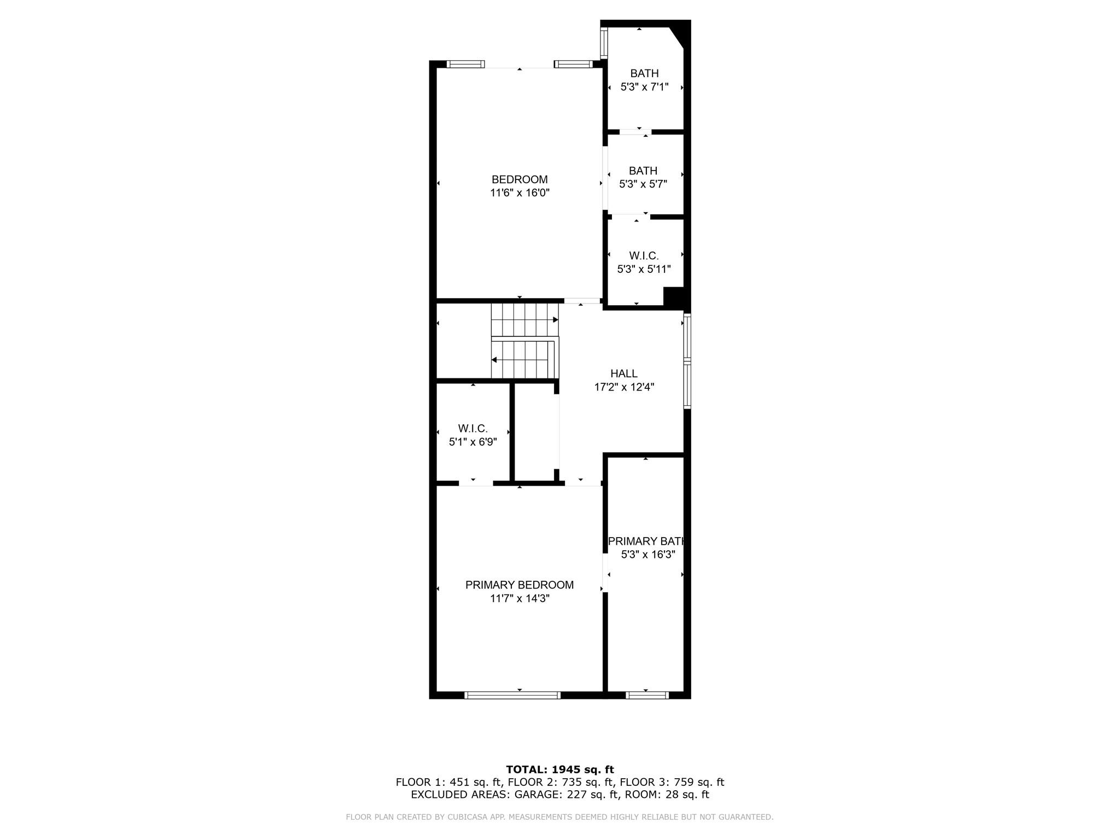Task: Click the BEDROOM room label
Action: click(520, 179)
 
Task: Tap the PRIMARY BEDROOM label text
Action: click(520, 585)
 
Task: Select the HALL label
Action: click(624, 374)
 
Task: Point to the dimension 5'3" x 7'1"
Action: click(644, 87)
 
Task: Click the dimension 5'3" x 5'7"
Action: click(643, 184)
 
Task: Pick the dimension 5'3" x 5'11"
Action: click(644, 269)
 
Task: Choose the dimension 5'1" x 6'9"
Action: click(473, 442)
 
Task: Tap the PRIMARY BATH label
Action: click(646, 541)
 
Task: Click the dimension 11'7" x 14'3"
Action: click(520, 599)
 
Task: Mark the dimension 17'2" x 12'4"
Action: click(624, 387)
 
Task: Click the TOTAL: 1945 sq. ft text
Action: click(560, 769)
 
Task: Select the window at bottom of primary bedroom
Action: click(512, 695)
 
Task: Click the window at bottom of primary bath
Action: click(647, 695)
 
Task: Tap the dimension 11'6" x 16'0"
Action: click(520, 193)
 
